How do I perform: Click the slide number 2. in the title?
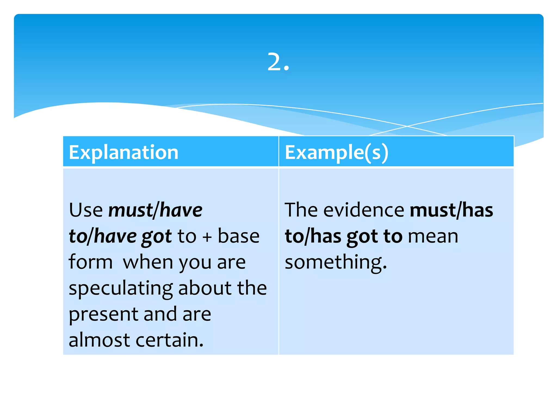pos(278,62)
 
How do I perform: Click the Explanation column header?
pos(124,152)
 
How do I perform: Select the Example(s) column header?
pos(336,152)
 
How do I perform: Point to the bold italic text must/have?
pos(155,210)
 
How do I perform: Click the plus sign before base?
pos(207,236)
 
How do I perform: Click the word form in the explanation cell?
pos(91,262)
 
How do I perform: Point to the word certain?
pos(169,340)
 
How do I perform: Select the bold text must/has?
pos(451,210)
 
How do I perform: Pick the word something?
pos(335,262)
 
